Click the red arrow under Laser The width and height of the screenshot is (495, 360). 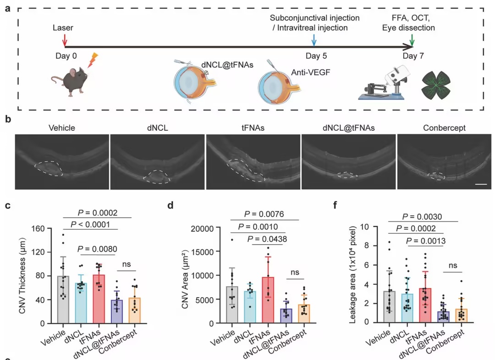(x=65, y=40)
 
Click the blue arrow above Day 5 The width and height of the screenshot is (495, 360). (x=314, y=40)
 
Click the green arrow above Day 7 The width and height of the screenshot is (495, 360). (x=412, y=40)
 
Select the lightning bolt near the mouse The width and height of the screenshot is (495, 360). (x=93, y=60)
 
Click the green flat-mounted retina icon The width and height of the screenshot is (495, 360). (x=436, y=85)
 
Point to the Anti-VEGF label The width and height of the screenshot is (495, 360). (x=310, y=72)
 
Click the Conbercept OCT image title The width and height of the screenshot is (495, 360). (x=444, y=128)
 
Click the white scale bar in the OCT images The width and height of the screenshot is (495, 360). (x=481, y=184)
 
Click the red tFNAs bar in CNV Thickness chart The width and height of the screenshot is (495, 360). (x=99, y=299)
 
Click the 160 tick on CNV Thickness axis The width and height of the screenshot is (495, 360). (x=38, y=228)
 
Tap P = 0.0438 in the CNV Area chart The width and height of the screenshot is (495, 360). (x=267, y=239)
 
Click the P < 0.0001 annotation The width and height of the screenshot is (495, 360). (x=90, y=225)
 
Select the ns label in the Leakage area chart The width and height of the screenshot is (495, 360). (x=453, y=265)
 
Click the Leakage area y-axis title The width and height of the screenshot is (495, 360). (x=352, y=275)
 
